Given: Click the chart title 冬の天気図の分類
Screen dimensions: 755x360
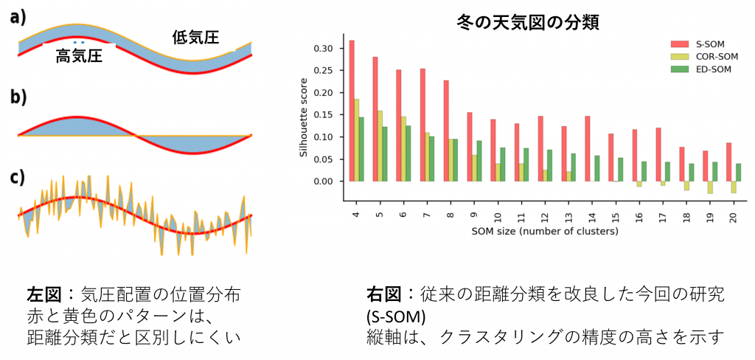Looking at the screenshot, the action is [528, 22].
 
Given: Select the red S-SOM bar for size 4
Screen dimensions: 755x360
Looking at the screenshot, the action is [352, 111].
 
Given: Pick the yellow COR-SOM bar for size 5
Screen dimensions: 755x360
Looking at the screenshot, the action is [380, 146].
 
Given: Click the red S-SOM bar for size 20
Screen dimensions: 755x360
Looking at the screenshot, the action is [729, 162].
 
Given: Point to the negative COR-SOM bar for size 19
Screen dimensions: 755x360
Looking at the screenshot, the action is [711, 187].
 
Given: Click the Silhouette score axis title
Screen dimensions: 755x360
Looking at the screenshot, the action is [304, 117].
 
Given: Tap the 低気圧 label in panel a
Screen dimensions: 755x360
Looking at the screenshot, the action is [195, 38].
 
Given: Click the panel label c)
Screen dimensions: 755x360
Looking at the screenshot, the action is [18, 177].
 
